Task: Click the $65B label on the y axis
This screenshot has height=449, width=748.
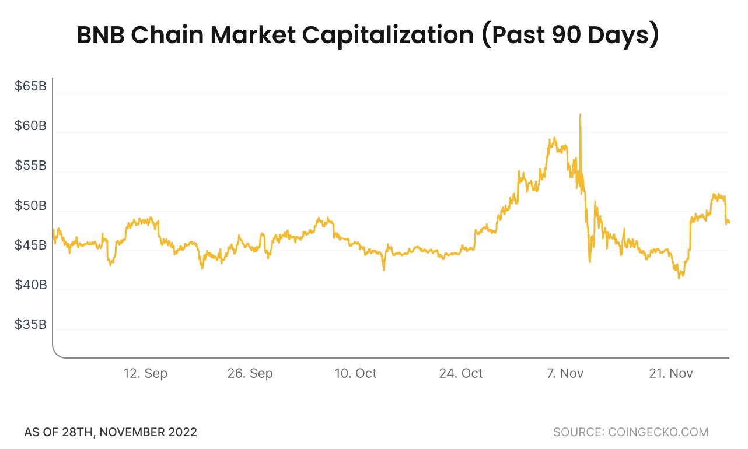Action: tap(30, 87)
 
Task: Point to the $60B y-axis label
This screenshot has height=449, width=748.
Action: tap(30, 127)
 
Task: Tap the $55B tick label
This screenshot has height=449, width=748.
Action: tap(30, 166)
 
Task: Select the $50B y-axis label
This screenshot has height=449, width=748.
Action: tap(30, 206)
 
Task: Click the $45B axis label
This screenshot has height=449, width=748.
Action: tap(30, 245)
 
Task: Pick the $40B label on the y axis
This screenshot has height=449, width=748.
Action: tap(30, 285)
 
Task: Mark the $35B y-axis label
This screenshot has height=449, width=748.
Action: tap(30, 325)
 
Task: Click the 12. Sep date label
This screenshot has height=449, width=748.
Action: tap(145, 373)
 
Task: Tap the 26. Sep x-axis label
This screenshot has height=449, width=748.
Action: tap(250, 373)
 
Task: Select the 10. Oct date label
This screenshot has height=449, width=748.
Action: tap(355, 373)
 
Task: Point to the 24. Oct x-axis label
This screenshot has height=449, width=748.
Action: tap(461, 373)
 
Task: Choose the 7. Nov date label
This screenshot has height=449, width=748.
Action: tap(565, 373)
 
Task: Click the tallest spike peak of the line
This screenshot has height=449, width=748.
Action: tap(580, 115)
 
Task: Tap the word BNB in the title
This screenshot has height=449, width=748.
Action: tap(100, 36)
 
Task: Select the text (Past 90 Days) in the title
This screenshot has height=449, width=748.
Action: tap(570, 36)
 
